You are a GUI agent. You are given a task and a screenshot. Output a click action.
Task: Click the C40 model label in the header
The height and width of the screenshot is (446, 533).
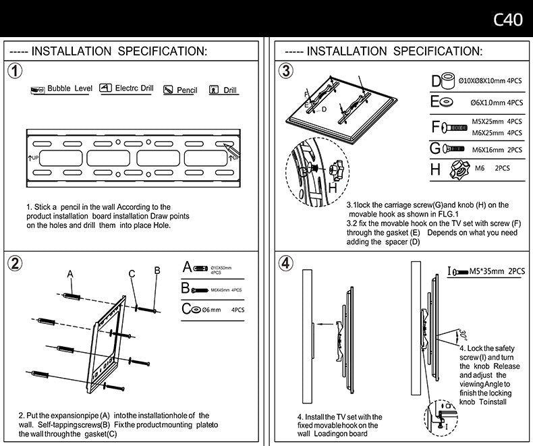508,20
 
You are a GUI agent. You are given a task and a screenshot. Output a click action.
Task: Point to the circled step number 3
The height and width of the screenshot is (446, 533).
287,72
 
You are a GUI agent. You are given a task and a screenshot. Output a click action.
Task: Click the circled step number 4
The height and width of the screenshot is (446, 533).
287,263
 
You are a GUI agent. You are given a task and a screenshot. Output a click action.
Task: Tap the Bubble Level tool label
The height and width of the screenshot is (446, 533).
69,89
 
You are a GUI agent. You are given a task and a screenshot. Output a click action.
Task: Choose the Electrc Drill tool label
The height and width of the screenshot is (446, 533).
134,88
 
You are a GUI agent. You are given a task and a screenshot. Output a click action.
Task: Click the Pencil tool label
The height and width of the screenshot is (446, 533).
186,90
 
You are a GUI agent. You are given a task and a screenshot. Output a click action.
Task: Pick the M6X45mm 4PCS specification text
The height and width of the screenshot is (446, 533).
226,289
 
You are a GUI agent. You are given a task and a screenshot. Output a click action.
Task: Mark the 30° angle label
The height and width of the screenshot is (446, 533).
463,335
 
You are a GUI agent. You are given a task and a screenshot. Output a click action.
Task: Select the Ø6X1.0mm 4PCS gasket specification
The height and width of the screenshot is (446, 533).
497,103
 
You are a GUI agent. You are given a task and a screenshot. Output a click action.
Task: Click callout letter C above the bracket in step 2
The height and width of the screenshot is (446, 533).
132,273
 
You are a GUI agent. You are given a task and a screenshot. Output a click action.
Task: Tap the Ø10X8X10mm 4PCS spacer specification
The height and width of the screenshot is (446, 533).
490,80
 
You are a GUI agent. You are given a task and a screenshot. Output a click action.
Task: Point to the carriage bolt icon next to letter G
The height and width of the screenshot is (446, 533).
454,149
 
